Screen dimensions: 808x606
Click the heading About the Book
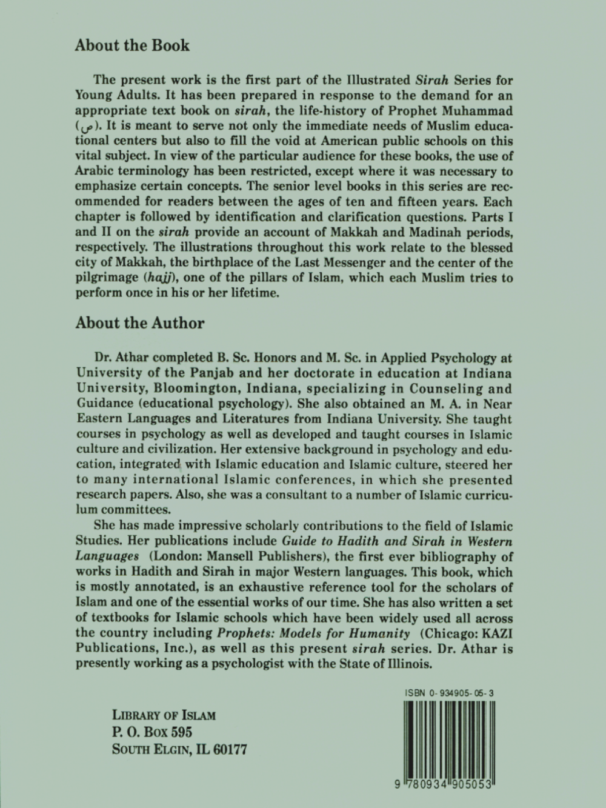click(x=132, y=45)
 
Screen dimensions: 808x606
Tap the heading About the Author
click(x=140, y=322)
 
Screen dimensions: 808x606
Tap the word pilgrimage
click(x=108, y=278)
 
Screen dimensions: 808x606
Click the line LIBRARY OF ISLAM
click(x=164, y=715)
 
